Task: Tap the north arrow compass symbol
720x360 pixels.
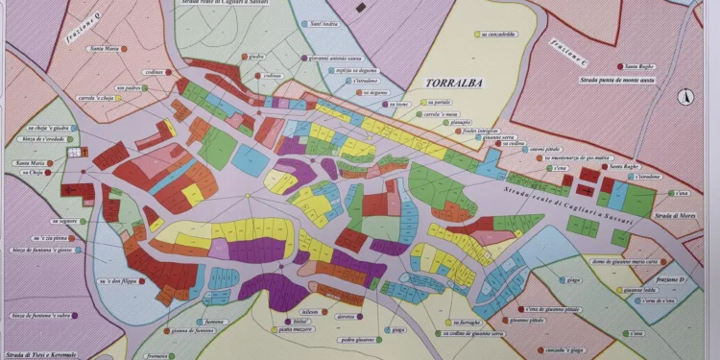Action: point(684,96)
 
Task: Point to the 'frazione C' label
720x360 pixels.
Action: point(567,54)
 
